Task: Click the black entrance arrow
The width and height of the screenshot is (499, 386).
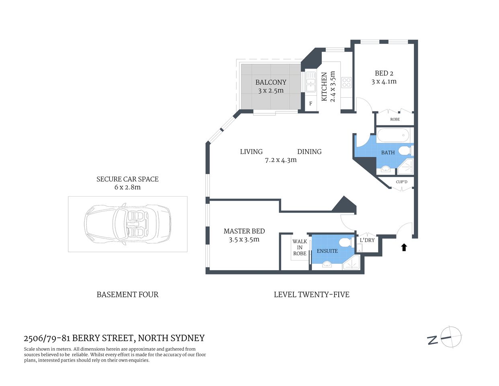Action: point(404,247)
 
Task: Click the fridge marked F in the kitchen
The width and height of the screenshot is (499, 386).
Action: point(311,104)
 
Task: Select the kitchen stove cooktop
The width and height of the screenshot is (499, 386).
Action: point(346,83)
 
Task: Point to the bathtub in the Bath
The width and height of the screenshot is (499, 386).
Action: point(393,136)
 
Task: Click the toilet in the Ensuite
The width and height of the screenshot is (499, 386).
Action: point(345,243)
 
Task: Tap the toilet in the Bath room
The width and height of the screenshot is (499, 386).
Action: point(405,151)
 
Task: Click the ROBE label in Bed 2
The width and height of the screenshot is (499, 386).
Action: point(395,119)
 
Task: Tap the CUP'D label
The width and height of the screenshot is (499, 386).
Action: point(401,182)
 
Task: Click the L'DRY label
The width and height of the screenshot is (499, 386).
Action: point(367,240)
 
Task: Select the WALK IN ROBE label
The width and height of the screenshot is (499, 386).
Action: point(300,247)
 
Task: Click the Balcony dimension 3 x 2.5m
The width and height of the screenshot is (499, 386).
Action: point(271,91)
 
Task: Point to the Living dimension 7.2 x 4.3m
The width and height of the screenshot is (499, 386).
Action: point(280,160)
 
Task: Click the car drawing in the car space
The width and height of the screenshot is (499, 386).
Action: point(127,224)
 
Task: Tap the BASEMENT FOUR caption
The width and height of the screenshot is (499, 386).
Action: point(127,295)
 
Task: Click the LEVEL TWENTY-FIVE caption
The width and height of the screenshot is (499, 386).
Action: point(311,295)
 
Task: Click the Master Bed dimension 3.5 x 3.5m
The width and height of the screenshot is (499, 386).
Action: point(244,240)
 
